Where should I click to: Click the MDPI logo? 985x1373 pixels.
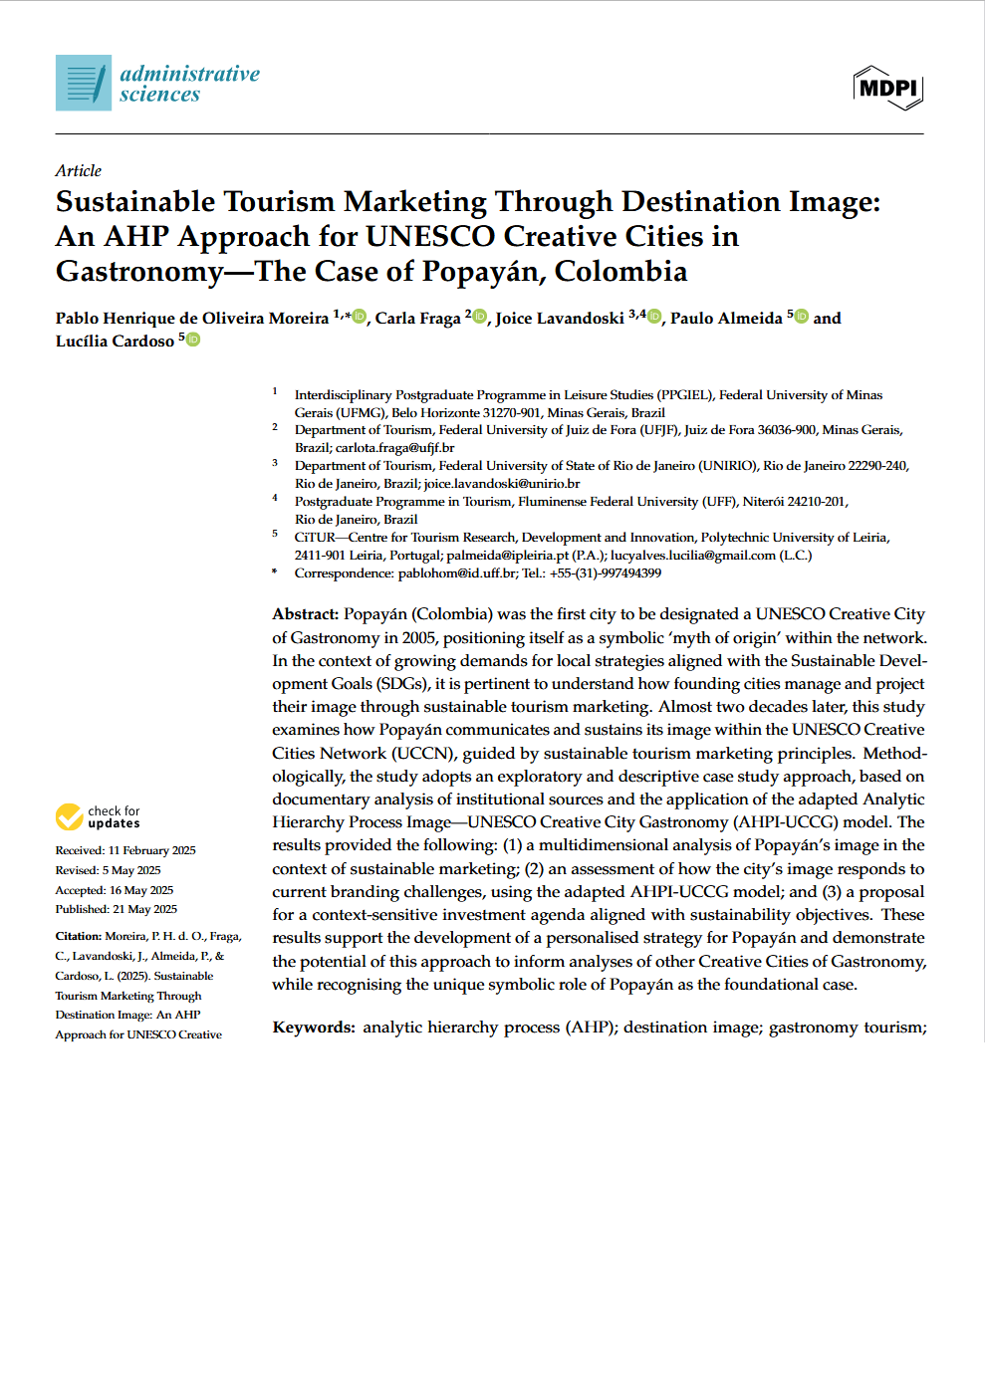(x=887, y=88)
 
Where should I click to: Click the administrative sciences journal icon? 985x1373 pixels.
(x=84, y=83)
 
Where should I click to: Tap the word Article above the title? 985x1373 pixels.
(x=79, y=170)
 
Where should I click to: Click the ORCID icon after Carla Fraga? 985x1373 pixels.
(x=480, y=317)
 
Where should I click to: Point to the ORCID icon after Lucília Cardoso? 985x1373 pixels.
(x=193, y=340)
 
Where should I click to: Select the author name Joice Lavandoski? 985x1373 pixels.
(x=560, y=318)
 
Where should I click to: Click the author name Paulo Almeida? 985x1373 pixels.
(x=726, y=318)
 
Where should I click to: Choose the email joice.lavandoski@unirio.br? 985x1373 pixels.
(x=502, y=484)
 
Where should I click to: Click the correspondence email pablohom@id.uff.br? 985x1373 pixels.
(x=457, y=573)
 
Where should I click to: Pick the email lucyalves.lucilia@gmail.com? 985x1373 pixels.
(x=693, y=556)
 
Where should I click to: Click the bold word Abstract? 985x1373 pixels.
(x=305, y=614)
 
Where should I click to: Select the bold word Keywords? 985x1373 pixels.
(x=314, y=1028)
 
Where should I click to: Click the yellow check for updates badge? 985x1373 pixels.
(x=70, y=817)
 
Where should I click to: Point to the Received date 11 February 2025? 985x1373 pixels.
(x=151, y=850)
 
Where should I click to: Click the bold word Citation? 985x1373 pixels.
(x=79, y=936)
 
